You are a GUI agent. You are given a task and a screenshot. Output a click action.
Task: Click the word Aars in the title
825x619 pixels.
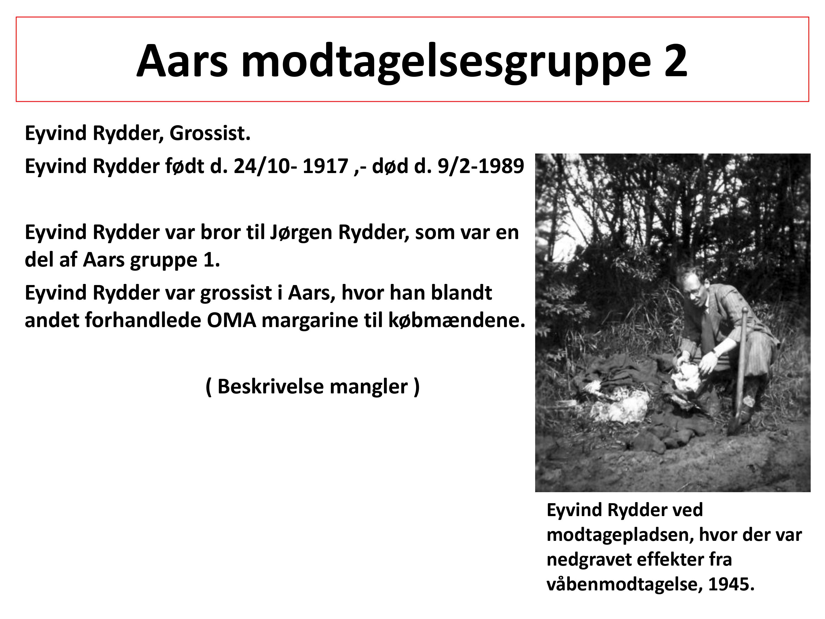click(182, 61)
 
